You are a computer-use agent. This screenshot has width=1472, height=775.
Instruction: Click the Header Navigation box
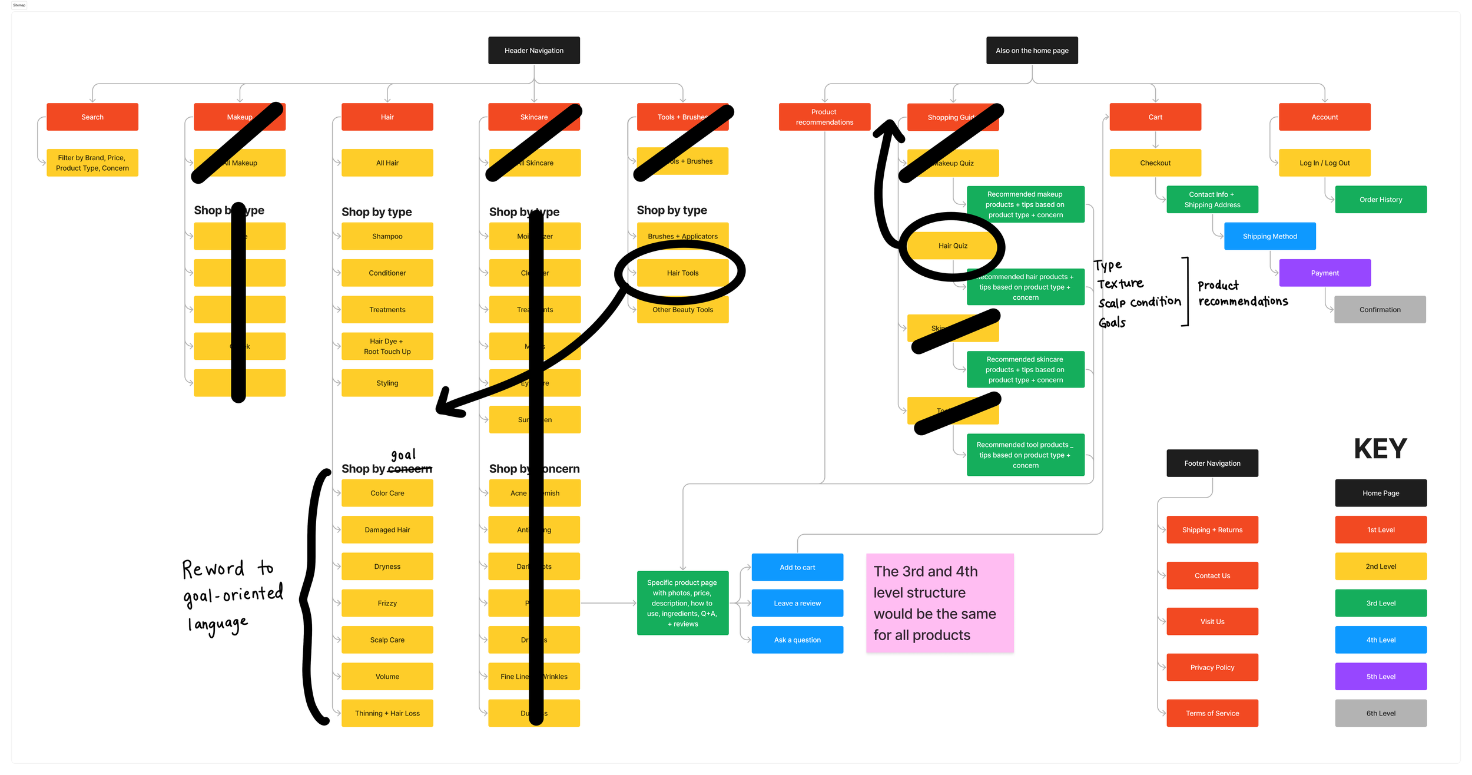533,51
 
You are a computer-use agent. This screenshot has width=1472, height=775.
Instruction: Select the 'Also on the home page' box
1032,51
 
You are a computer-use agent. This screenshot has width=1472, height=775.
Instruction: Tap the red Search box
92,117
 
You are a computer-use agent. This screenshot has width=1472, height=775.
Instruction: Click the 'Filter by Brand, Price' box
92,163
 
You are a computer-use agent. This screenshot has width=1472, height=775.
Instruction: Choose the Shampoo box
387,236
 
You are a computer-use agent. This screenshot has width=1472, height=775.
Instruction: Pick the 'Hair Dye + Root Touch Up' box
387,346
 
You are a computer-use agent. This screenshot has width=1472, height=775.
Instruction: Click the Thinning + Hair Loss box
387,713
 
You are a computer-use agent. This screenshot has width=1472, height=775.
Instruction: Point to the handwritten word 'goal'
403,455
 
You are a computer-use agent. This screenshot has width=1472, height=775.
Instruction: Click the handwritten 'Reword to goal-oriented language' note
232,595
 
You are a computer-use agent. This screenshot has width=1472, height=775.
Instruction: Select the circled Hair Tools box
682,273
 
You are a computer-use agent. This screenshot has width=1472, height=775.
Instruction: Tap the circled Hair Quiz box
953,246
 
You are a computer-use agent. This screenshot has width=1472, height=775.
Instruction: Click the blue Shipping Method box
1269,236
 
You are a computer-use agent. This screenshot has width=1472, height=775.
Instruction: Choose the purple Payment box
1325,273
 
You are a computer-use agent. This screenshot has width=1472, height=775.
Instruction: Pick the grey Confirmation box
1380,310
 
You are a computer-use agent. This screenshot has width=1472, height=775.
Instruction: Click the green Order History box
1380,200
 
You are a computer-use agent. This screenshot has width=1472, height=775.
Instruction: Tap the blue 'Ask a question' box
797,640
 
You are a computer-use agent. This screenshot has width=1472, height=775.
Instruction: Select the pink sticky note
940,603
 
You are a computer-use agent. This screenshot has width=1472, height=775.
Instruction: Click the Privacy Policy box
1212,667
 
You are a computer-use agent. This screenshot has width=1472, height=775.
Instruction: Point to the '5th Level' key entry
1380,677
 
